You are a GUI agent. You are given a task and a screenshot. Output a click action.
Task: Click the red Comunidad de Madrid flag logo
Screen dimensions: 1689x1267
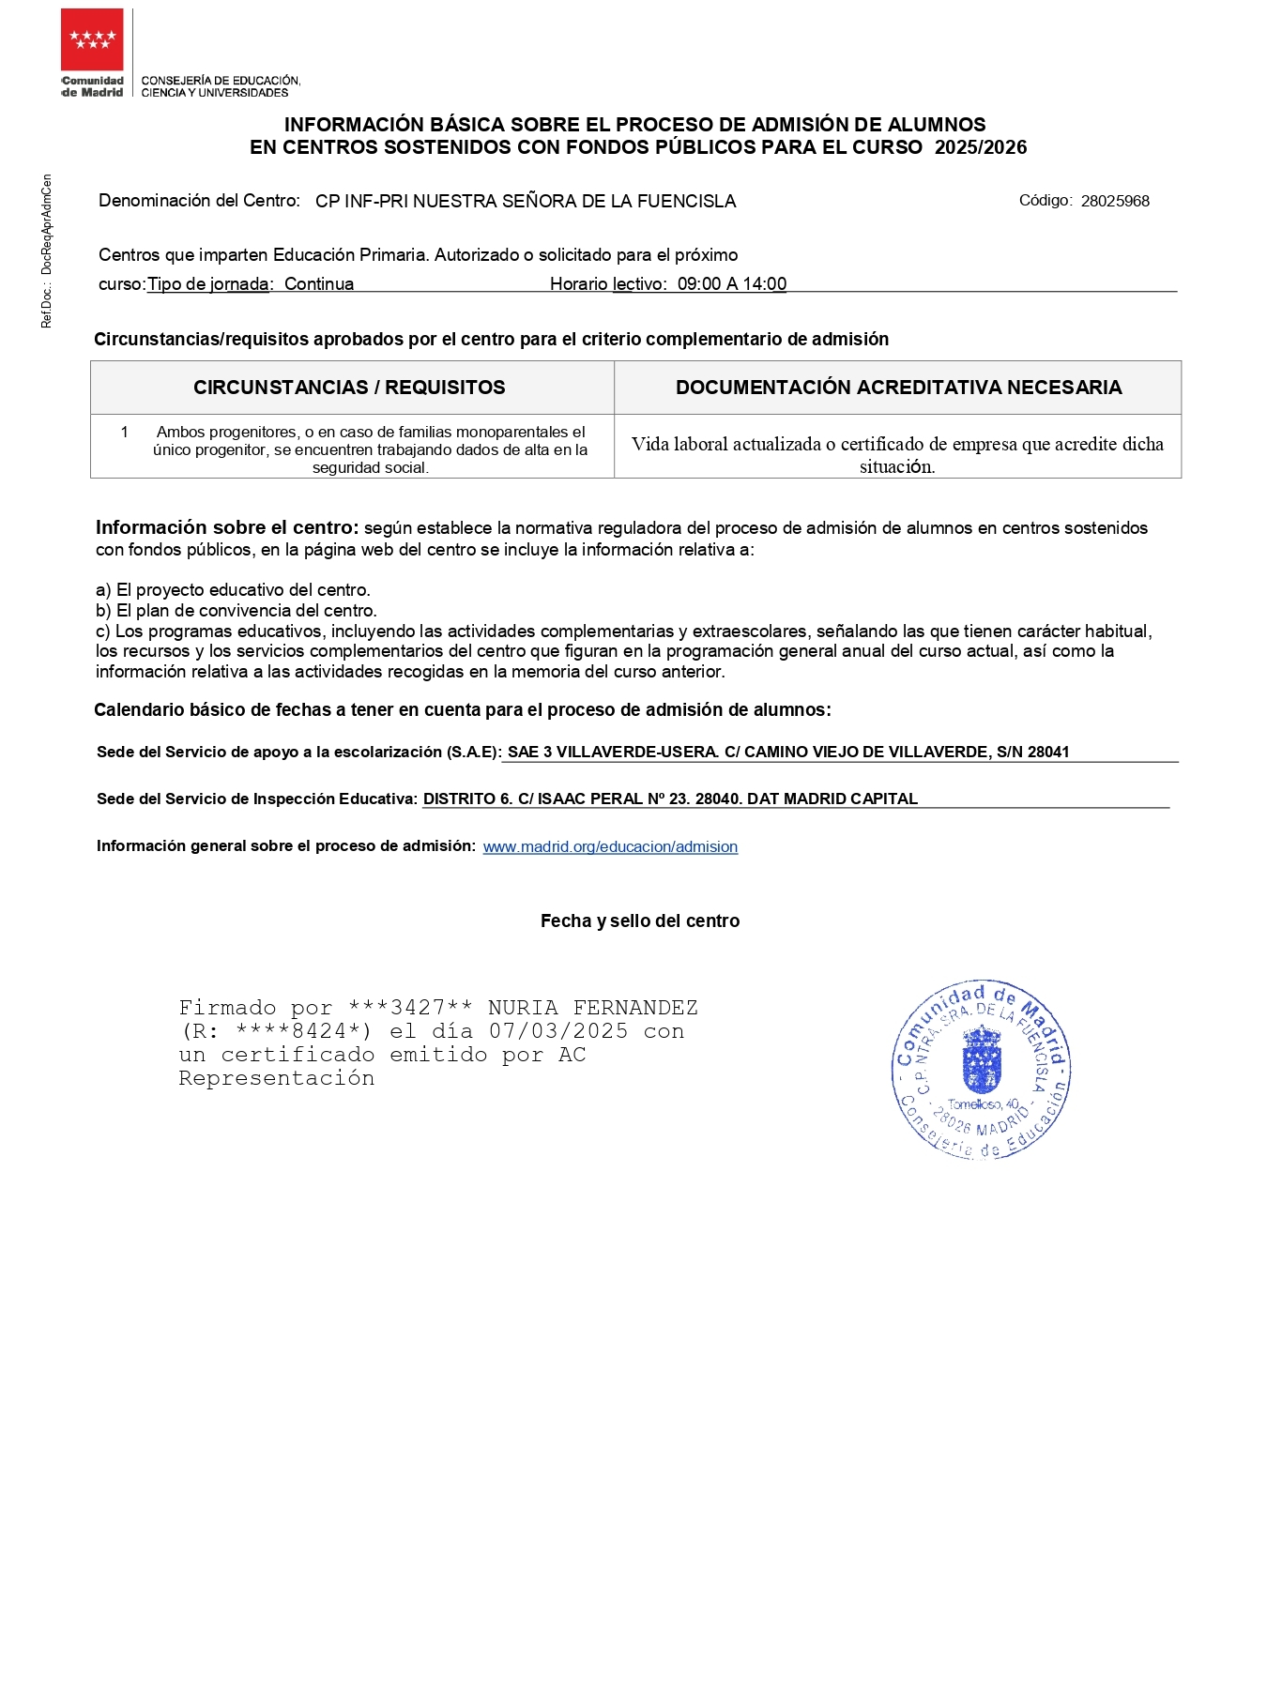click(92, 39)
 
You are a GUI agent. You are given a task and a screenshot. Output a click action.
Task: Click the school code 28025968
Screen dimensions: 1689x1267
click(1115, 201)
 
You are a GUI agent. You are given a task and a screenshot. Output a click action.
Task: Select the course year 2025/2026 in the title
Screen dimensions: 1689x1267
click(981, 147)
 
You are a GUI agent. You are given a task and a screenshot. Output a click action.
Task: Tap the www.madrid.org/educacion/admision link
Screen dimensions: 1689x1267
click(610, 847)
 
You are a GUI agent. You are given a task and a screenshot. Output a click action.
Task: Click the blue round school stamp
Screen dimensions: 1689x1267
click(981, 1070)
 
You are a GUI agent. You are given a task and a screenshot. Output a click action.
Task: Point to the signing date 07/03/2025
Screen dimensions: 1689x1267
click(558, 1031)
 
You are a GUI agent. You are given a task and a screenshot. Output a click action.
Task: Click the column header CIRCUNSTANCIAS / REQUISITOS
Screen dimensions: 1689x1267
click(349, 388)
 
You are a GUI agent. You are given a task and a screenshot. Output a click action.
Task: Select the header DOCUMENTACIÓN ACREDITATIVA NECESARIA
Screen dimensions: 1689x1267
click(898, 388)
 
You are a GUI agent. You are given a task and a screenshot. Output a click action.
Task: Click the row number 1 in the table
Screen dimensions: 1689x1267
click(124, 433)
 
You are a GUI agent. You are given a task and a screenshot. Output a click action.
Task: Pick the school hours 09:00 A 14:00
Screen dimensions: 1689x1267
click(732, 284)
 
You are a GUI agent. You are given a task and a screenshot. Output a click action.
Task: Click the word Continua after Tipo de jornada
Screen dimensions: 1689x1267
click(319, 284)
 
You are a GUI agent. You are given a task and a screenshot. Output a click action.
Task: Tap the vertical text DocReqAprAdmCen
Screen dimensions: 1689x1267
click(47, 225)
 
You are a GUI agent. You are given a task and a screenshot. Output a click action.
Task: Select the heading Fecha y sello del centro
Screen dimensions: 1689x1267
click(640, 921)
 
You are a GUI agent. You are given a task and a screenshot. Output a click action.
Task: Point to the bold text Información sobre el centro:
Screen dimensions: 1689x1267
click(227, 528)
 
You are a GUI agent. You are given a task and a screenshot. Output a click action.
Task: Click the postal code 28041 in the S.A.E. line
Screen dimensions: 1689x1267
click(1048, 753)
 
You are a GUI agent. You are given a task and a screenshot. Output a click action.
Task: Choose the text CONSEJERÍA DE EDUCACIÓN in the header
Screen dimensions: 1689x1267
click(221, 81)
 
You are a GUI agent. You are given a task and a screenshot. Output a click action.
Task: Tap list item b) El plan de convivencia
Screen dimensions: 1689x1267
click(237, 611)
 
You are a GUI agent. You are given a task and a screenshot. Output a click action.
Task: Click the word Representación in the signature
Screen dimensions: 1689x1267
click(277, 1078)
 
